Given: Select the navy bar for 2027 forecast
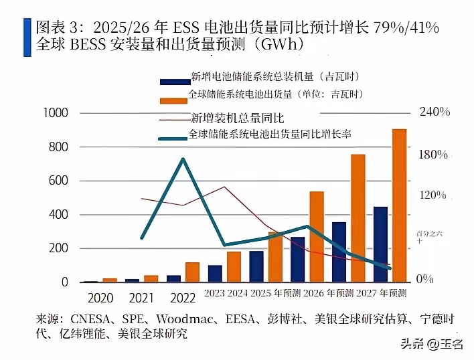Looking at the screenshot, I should [x=380, y=244].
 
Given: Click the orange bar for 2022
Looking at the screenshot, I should [x=193, y=272].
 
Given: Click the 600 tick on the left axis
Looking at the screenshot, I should [x=59, y=181].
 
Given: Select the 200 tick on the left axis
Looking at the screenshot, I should [x=59, y=248].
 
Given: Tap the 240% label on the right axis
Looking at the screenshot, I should [x=434, y=112].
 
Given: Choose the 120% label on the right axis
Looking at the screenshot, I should [x=432, y=195].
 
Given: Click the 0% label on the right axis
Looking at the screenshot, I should [x=425, y=278].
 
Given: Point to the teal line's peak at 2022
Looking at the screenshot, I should [x=183, y=159].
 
